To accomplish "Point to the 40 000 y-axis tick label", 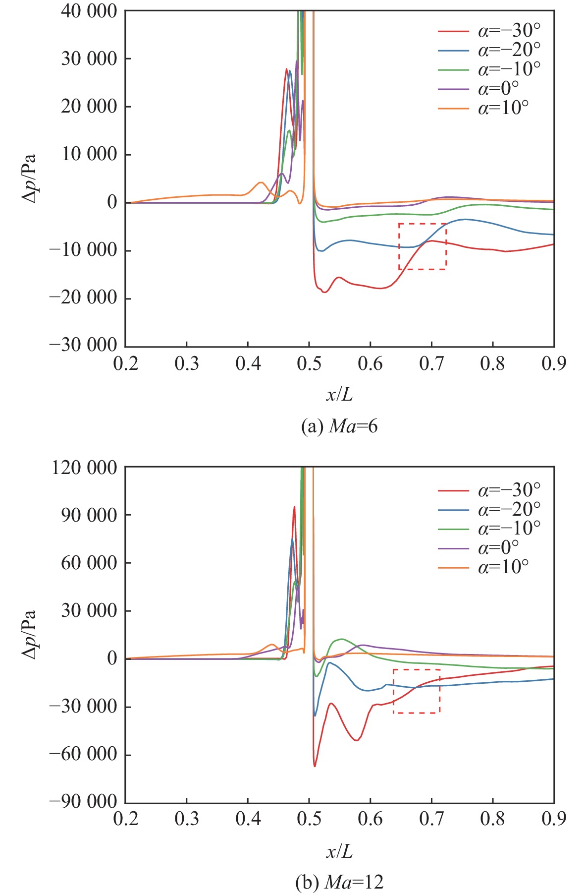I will pos(89,11).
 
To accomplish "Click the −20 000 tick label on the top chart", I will pos(83,298).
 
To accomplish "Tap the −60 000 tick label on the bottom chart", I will pos(83,754).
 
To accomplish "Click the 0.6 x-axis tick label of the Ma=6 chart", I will pos(370,364).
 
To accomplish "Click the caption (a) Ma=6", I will pos(339,426).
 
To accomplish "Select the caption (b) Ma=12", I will pos(339,882).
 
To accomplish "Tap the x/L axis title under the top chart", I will pos(339,395).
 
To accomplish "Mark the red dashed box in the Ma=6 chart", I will pos(423,246).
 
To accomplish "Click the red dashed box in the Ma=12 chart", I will pos(417,691).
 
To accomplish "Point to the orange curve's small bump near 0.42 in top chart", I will pos(261,183).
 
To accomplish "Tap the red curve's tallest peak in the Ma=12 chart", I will pos(294,507).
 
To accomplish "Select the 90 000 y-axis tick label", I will pos(89,515).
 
